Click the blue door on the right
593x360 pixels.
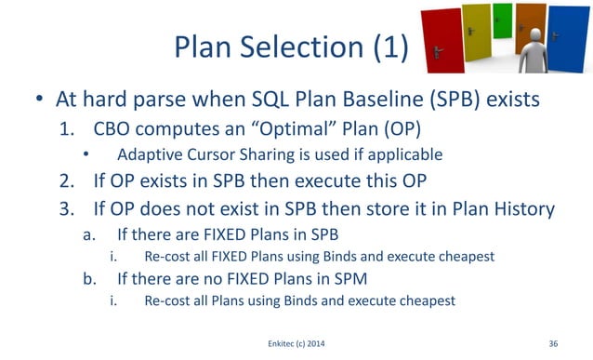(569, 42)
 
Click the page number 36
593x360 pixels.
(554, 344)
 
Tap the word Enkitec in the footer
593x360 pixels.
(281, 344)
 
